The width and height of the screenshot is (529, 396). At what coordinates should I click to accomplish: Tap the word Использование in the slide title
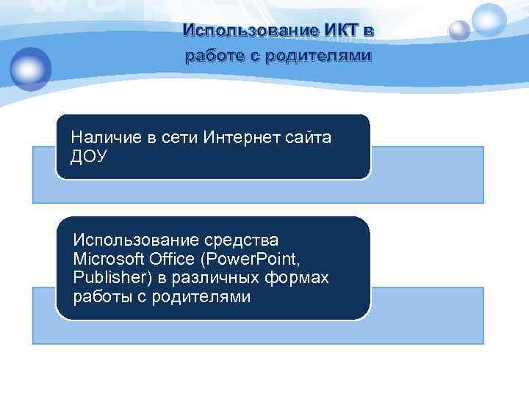point(249,32)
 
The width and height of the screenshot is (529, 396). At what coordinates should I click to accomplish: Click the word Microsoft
point(107,260)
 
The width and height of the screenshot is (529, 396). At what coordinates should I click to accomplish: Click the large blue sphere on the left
point(30,68)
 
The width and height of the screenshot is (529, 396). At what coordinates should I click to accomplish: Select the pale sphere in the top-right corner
point(489,18)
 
